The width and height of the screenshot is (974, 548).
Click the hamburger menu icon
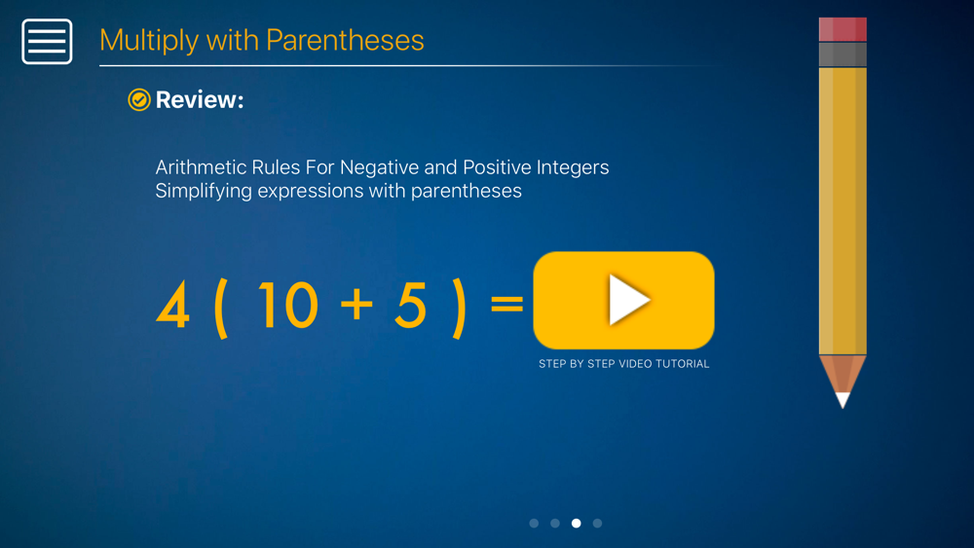47,42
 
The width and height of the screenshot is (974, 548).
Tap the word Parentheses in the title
345,40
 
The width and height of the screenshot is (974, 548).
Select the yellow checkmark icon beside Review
139,99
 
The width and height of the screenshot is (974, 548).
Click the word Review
200,99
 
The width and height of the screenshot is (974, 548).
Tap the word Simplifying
204,191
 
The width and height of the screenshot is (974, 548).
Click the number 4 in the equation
172,305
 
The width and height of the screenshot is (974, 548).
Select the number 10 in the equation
287,305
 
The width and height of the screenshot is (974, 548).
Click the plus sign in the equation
356,304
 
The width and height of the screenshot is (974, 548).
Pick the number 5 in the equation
411,305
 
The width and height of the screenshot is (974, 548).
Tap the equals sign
506,304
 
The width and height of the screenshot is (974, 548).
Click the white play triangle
628,300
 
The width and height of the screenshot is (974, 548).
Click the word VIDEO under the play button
635,364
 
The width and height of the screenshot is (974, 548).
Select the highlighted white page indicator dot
577,523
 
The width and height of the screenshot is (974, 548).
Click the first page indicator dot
534,523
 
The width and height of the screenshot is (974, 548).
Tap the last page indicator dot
598,523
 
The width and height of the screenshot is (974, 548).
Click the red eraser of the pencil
843,29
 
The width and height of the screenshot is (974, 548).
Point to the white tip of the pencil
843,400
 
